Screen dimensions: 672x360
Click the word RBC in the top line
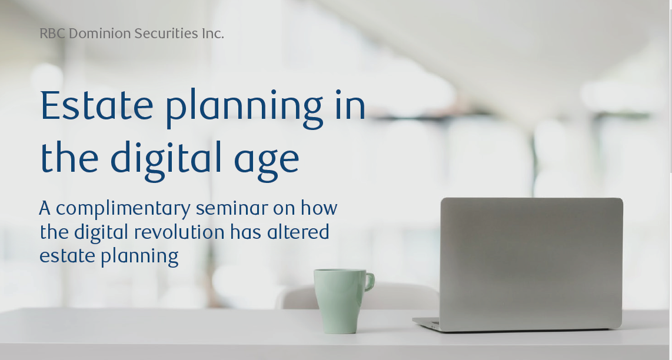(52, 34)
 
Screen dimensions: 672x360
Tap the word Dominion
(100, 34)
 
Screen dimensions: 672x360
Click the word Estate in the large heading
(97, 105)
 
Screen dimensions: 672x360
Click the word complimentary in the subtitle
(123, 209)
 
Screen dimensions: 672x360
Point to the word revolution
(179, 232)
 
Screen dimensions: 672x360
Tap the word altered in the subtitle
(298, 232)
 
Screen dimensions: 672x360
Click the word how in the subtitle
(319, 208)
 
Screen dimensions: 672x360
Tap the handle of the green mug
(370, 282)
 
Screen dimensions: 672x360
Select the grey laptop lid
(531, 263)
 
